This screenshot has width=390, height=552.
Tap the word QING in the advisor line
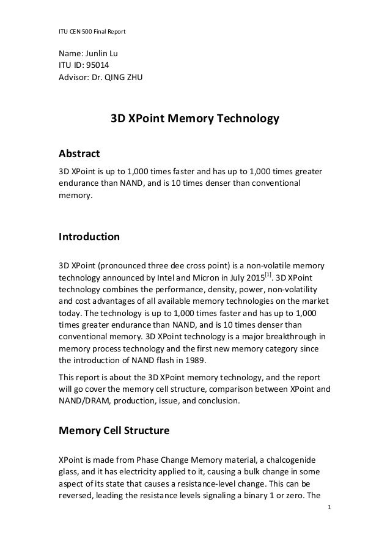[x=120, y=77]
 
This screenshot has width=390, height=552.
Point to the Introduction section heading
[x=88, y=237]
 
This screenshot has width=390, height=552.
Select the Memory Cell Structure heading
[x=113, y=431]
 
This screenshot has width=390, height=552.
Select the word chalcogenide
[x=298, y=460]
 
